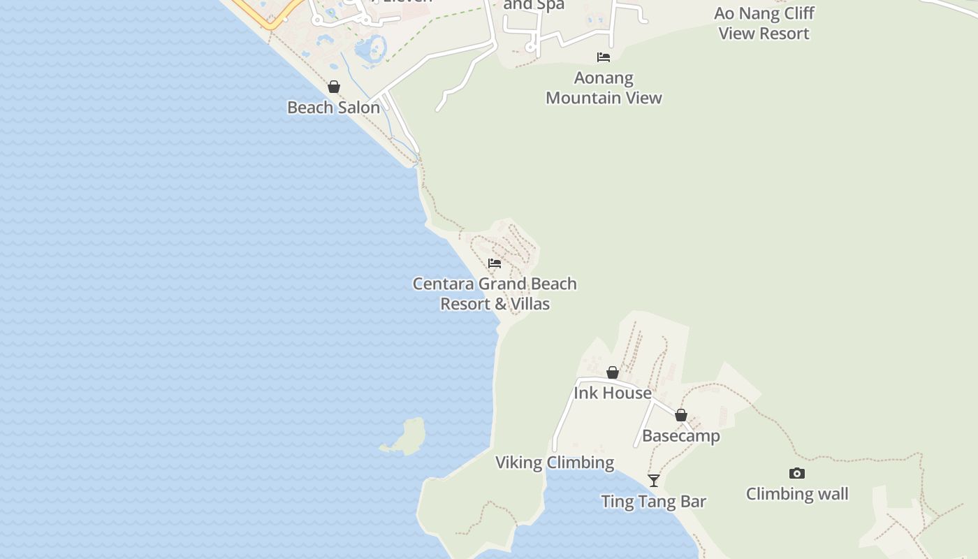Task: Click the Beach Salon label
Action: tap(333, 108)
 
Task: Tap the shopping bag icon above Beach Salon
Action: tap(334, 87)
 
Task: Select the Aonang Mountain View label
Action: tap(604, 88)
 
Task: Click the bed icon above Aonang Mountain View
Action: tap(604, 57)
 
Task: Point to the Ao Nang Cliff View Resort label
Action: tap(764, 23)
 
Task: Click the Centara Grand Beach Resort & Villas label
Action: tap(495, 293)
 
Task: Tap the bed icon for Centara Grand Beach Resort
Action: tap(495, 263)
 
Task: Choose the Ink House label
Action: tap(613, 393)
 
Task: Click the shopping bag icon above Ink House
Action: tap(613, 372)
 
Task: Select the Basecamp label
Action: tap(680, 436)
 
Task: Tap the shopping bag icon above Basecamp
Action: tap(681, 415)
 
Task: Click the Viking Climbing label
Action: tap(555, 463)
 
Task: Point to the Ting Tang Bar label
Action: tap(654, 502)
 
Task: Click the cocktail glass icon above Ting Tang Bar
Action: tap(654, 481)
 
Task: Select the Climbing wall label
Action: tap(797, 494)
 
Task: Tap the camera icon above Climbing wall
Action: tap(797, 474)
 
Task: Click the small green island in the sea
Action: tap(406, 437)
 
